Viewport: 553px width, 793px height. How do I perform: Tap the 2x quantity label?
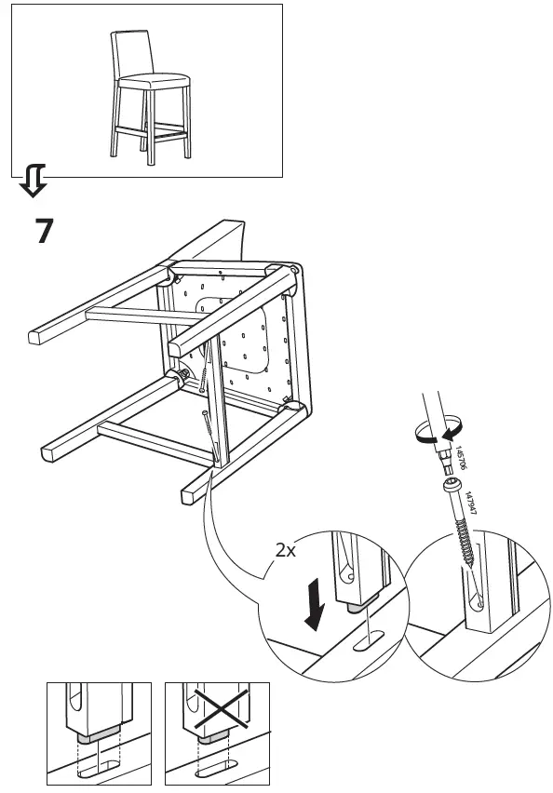[x=286, y=550]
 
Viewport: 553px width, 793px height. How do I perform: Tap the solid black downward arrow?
[x=317, y=605]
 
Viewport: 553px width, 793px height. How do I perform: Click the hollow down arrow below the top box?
[x=33, y=181]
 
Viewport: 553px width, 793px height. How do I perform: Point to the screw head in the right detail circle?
[x=452, y=488]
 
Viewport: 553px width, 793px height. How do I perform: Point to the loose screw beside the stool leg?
[x=208, y=433]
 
